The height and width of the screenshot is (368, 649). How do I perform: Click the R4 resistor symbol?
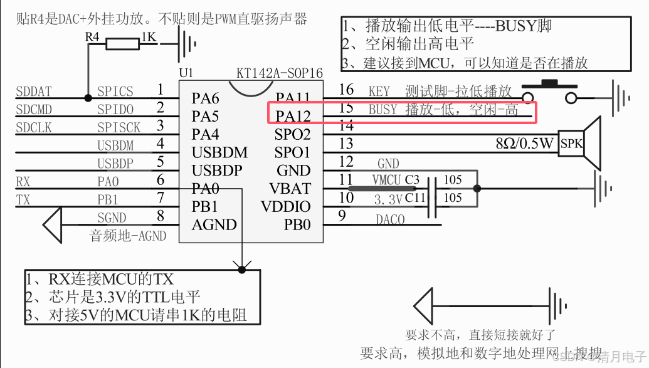point(122,43)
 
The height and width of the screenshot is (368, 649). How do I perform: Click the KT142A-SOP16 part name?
point(280,73)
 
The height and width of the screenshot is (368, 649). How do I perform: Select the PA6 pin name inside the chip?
point(206,98)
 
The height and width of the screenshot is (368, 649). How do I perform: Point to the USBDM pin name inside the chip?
point(220,152)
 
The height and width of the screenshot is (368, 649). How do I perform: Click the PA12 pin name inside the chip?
point(293,116)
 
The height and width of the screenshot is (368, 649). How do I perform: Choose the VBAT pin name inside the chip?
point(290,188)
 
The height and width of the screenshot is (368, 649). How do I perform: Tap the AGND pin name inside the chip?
point(214,224)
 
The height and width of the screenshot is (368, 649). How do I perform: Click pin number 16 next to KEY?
point(346,90)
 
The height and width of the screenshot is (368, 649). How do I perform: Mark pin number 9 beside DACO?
point(342,216)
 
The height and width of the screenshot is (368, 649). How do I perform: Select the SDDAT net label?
point(34,92)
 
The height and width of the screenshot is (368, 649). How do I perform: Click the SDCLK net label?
point(34,127)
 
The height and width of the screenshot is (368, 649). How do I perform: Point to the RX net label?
point(23,182)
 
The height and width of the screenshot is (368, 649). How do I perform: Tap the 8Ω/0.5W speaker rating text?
point(524,144)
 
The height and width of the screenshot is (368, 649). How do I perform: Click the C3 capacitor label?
point(411,180)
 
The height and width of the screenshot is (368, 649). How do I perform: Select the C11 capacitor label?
point(415,198)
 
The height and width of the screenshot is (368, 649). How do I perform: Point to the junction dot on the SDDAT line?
point(88,97)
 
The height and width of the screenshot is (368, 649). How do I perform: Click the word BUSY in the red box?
point(383,110)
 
